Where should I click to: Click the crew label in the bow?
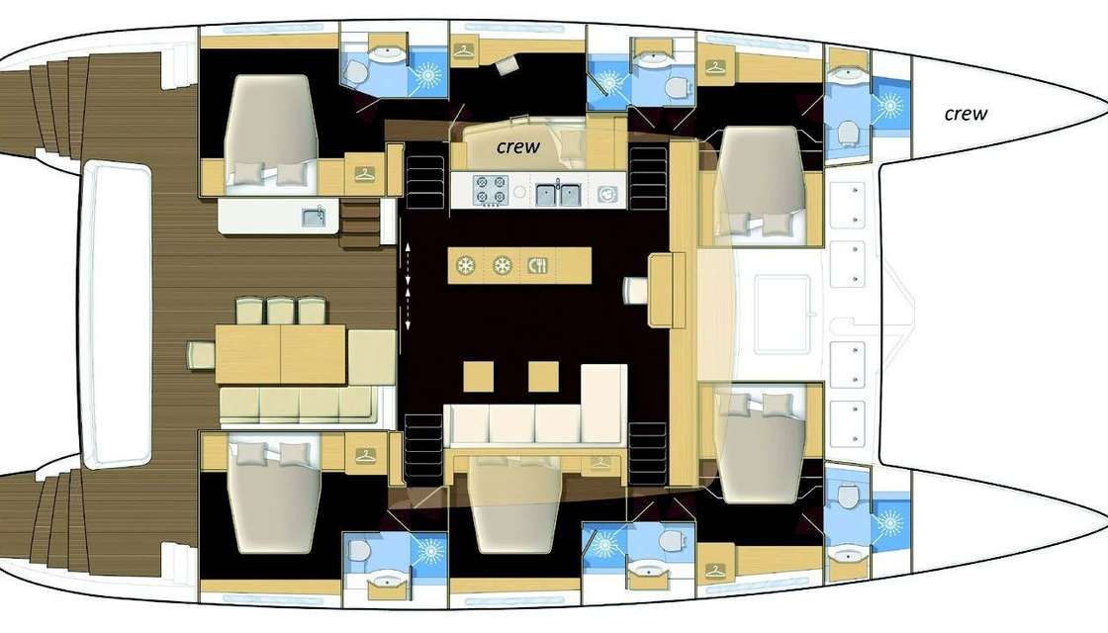pyautogui.click(x=966, y=114)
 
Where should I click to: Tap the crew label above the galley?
pyautogui.click(x=518, y=147)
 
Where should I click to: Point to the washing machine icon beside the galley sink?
pyautogui.click(x=605, y=192)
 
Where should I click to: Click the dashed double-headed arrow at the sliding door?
pyautogui.click(x=407, y=286)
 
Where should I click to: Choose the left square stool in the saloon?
pyautogui.click(x=479, y=377)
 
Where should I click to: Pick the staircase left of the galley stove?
pyautogui.click(x=423, y=174)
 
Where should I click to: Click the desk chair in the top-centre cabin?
pyautogui.click(x=507, y=65)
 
